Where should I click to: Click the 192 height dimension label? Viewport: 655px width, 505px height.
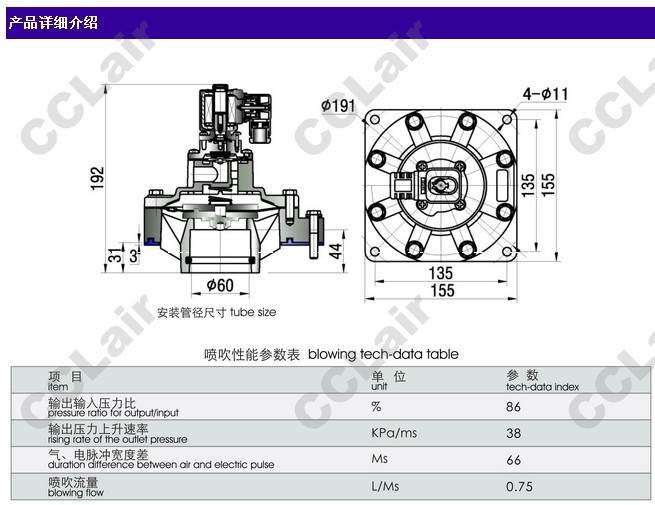(97, 178)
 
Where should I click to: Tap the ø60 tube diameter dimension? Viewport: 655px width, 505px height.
(220, 285)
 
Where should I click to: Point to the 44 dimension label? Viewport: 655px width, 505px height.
(335, 251)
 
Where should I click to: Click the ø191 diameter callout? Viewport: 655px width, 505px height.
(338, 105)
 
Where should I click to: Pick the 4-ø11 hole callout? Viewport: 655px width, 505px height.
(546, 94)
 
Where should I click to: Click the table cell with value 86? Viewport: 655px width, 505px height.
(513, 406)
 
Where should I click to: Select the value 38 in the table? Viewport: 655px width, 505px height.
(513, 433)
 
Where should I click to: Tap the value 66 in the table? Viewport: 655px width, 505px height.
(513, 460)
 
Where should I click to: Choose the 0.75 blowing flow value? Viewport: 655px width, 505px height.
(519, 487)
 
